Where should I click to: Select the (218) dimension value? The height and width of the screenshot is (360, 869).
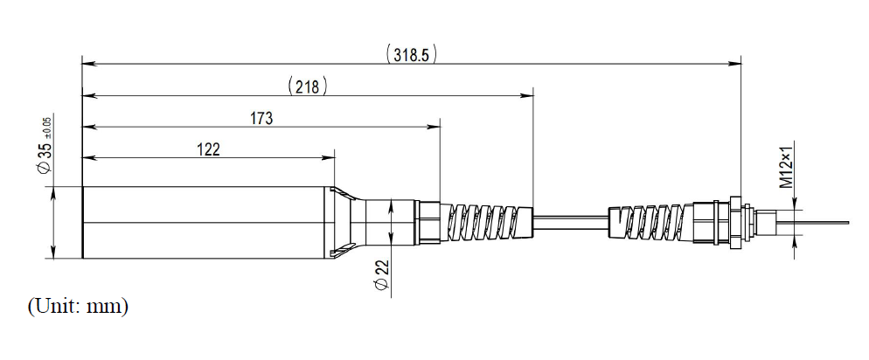coord(306,86)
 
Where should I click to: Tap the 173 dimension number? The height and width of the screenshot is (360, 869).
coord(261,118)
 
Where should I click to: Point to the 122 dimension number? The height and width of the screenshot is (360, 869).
coord(207,149)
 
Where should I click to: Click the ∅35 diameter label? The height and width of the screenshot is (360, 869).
coord(45,156)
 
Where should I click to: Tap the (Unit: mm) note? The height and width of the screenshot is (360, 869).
coord(78,307)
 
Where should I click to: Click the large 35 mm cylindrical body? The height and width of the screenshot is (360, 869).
coord(206,223)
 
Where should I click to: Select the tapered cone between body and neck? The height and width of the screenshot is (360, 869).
coord(348,223)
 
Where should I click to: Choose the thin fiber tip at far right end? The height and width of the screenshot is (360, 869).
coord(826,222)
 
